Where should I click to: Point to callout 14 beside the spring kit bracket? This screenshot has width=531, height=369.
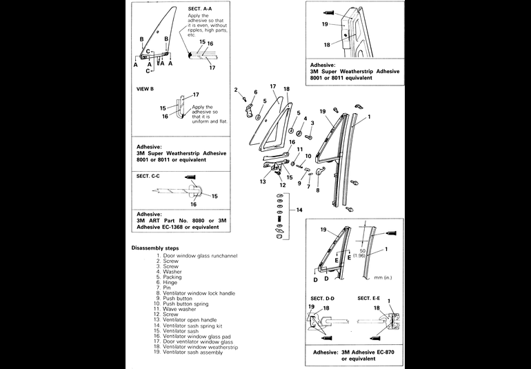click(299, 210)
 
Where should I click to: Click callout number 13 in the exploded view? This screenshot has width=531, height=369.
click(263, 182)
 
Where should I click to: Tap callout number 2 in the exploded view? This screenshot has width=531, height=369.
click(236, 90)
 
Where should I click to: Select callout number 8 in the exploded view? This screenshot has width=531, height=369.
click(317, 190)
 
